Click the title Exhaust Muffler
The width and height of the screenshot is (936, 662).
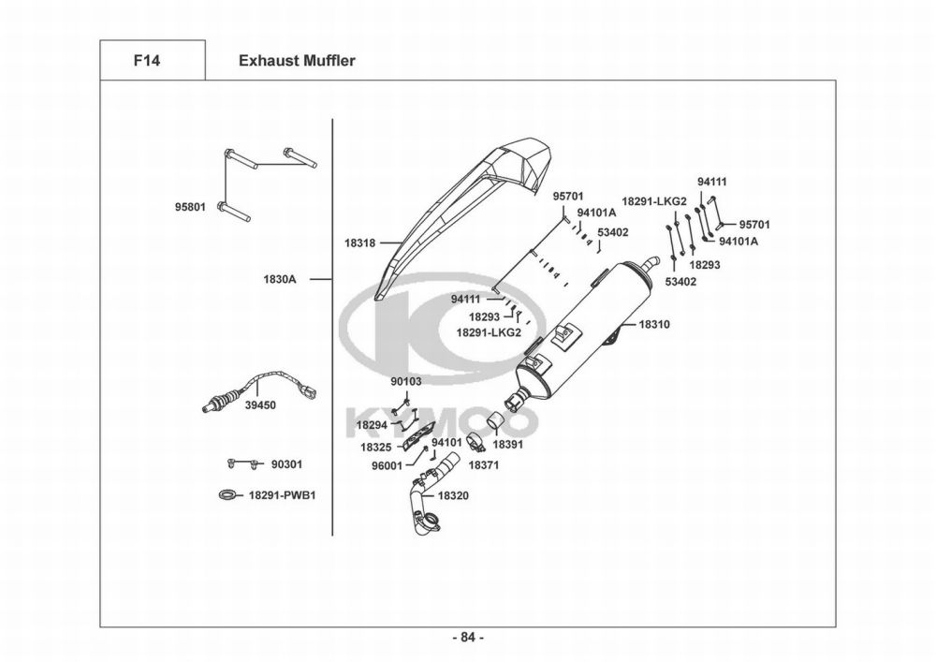[297, 61]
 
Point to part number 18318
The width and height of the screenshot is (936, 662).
[360, 243]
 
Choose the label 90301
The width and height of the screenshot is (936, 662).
[286, 464]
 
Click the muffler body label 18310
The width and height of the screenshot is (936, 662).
[654, 324]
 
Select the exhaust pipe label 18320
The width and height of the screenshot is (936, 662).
[453, 494]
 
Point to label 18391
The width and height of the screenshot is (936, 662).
[507, 444]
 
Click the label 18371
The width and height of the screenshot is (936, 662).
[483, 464]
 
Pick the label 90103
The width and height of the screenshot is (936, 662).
[406, 382]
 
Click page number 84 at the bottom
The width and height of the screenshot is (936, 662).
[467, 638]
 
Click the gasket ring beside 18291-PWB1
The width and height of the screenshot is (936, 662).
[227, 494]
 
